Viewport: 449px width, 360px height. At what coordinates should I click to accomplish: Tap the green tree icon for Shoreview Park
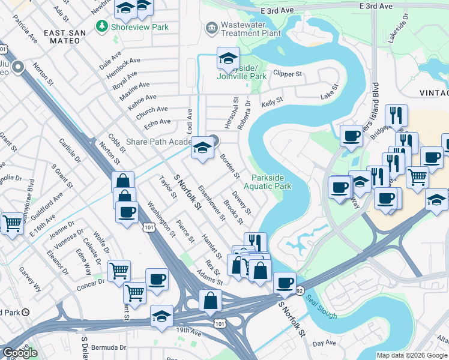pyautogui.click(x=103, y=26)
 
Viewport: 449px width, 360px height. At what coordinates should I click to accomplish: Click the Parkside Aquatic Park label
pyautogui.click(x=271, y=182)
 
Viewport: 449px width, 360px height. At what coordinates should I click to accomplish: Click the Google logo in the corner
pyautogui.click(x=20, y=353)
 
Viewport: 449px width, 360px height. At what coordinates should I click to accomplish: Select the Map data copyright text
pyautogui.click(x=412, y=355)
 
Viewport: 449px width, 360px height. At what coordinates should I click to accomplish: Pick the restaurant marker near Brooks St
pyautogui.click(x=255, y=242)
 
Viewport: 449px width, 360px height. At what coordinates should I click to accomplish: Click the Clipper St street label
pyautogui.click(x=287, y=74)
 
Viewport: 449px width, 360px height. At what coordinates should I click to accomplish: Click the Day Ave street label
pyautogui.click(x=325, y=343)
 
